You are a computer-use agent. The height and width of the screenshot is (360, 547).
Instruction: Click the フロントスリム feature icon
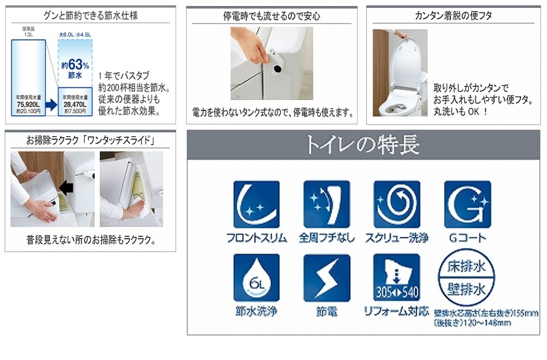point(256,204)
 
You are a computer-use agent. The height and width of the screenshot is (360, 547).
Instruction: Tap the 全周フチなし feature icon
point(326,204)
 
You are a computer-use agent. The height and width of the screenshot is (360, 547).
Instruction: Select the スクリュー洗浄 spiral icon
point(397,204)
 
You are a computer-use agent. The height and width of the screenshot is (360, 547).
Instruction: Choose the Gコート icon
point(467,204)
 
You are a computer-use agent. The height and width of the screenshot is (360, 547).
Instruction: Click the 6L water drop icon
point(256,277)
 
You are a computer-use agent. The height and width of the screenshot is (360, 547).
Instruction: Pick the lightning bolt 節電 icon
point(326,277)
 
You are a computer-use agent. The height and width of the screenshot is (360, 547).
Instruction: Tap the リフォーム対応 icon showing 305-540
point(397,277)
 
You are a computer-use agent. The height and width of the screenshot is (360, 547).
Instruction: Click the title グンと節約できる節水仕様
point(91,15)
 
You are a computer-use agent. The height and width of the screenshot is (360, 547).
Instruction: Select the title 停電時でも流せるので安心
point(272,15)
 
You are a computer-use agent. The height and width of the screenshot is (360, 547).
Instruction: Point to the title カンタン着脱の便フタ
point(453,15)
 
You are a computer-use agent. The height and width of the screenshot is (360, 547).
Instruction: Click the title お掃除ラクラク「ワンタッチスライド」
point(91,140)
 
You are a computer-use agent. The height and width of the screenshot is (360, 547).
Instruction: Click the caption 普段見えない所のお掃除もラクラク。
point(91,240)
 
